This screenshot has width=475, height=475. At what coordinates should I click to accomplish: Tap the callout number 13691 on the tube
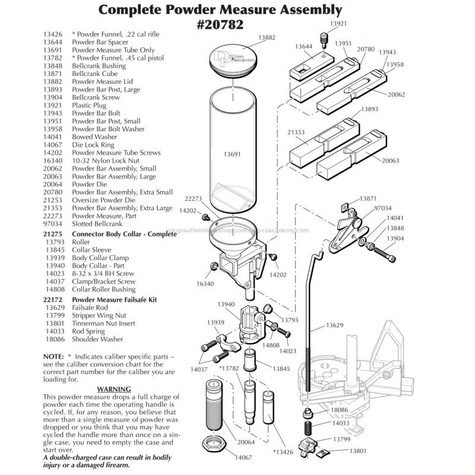point(232,154)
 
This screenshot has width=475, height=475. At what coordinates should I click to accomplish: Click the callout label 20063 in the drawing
point(390,160)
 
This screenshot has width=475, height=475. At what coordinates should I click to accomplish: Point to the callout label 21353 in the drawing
point(297,132)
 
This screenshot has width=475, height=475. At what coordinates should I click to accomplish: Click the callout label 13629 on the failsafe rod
point(335,326)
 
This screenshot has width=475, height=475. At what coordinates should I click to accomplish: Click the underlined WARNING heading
point(113,388)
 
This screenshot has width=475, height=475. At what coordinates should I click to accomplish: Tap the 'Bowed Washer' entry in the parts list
point(94,137)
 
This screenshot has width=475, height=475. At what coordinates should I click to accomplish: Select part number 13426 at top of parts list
point(53,34)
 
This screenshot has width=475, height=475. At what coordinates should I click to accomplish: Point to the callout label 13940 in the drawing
point(226,304)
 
